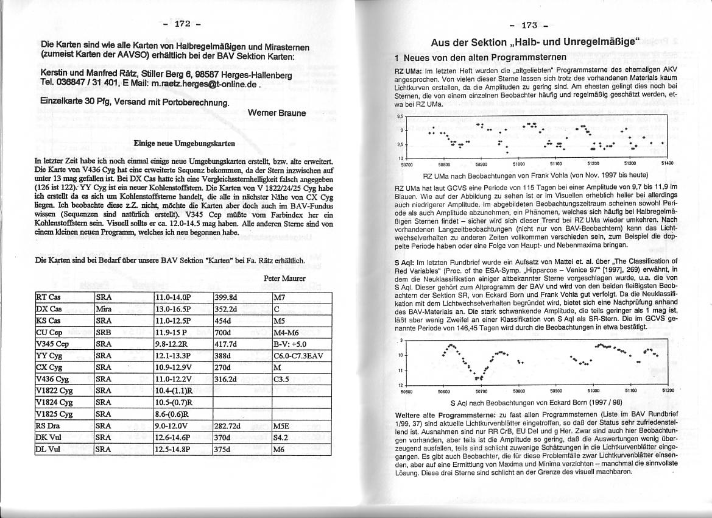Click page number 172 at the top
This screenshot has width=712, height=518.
[x=183, y=24]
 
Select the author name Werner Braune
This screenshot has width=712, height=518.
[x=277, y=113]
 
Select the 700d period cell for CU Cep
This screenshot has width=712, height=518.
[x=224, y=332]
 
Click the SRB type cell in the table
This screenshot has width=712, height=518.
[x=105, y=332]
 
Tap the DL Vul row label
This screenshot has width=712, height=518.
[x=47, y=450]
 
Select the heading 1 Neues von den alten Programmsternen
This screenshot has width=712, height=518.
[x=481, y=57]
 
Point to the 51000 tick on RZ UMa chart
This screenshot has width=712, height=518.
[x=518, y=164]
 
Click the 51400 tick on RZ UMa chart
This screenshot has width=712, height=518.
[x=666, y=164]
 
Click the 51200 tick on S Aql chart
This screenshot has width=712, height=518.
[x=668, y=391]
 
